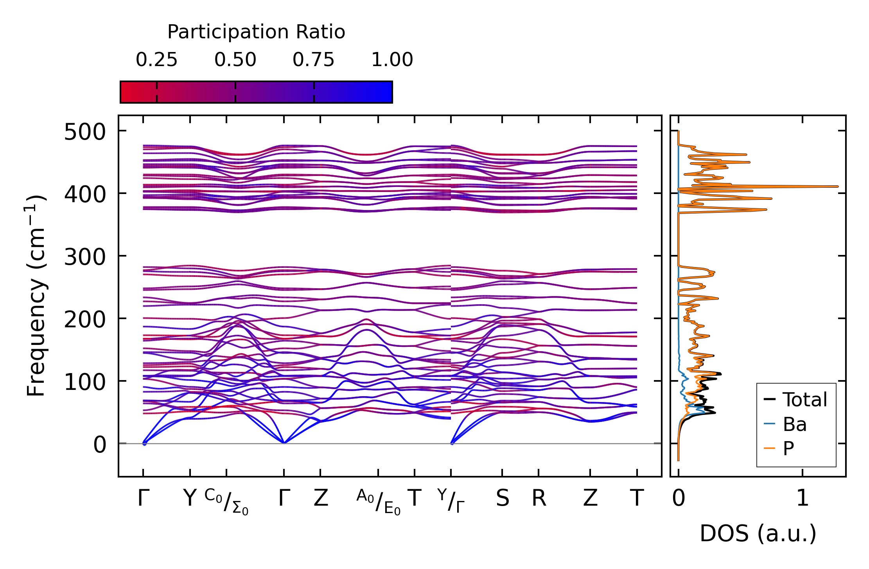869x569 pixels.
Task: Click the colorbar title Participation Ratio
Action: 256,32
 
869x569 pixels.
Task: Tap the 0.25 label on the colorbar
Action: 156,60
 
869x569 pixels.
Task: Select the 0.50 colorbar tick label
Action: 235,60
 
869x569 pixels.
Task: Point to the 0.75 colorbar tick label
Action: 314,60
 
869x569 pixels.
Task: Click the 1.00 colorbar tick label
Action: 392,60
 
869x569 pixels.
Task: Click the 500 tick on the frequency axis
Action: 85,132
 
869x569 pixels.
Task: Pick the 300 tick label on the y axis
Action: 85,257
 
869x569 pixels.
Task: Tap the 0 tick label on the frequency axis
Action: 99,445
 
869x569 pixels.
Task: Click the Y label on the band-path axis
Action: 190,499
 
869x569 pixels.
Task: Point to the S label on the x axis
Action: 503,499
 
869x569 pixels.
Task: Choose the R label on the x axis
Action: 539,499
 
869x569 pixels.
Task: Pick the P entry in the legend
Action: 788,448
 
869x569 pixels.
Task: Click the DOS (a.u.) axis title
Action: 758,534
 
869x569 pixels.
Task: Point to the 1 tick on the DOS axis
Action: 803,499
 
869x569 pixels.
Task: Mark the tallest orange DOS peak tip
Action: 837,187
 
